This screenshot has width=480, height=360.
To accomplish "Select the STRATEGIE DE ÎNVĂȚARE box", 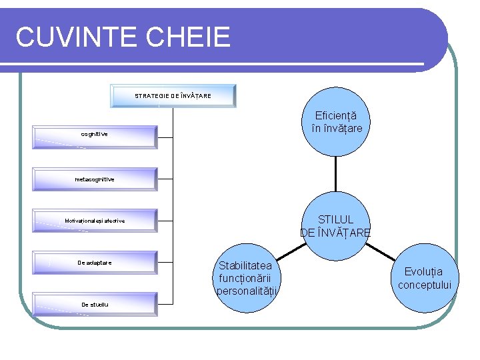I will coord(173,95).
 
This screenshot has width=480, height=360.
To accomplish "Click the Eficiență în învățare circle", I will coord(336,121).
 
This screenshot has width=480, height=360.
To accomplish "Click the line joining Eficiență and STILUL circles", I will coord(336,173).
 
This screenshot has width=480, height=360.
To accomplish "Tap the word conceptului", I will coord(425,285).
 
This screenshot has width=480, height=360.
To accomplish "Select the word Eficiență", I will coord(336,115).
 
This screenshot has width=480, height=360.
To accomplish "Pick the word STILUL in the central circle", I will coord(336,219).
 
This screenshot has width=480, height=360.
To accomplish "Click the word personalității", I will coord(247,291).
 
